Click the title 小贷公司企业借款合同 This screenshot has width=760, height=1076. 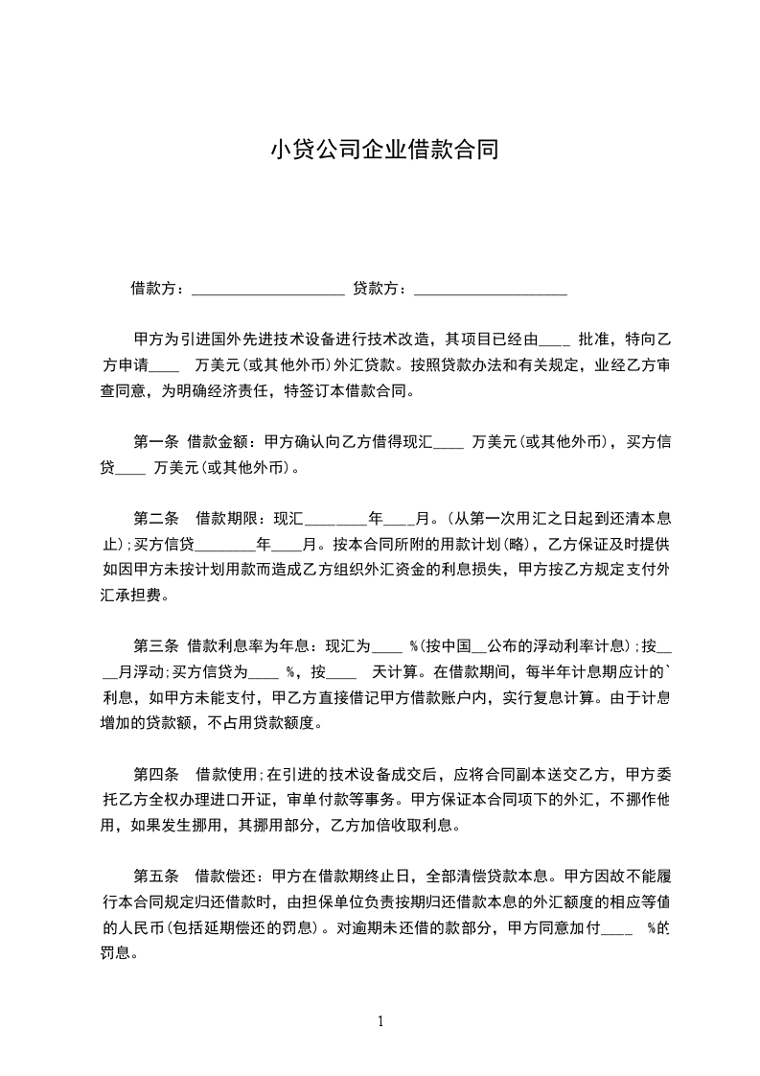(383, 151)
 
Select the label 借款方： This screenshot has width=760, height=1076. (158, 288)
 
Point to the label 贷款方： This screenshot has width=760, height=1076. (380, 288)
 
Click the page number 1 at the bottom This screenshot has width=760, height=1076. (381, 1021)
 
